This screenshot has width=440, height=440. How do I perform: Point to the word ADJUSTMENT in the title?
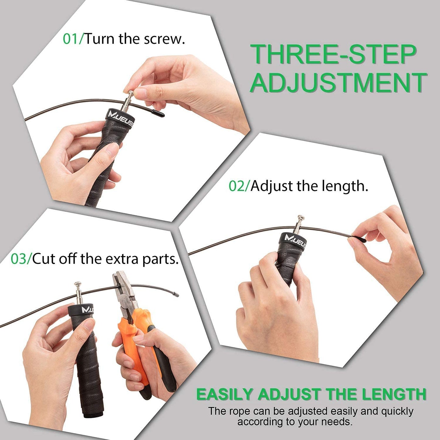pyautogui.click(x=338, y=83)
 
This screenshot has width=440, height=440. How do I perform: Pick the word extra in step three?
pyautogui.click(x=123, y=259)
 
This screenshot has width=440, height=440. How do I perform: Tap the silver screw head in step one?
pyautogui.click(x=131, y=93)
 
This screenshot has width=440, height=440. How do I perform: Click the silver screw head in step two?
pyautogui.click(x=301, y=217)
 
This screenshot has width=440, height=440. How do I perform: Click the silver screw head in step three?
pyautogui.click(x=78, y=284)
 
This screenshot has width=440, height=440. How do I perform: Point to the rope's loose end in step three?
pyautogui.click(x=177, y=294)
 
